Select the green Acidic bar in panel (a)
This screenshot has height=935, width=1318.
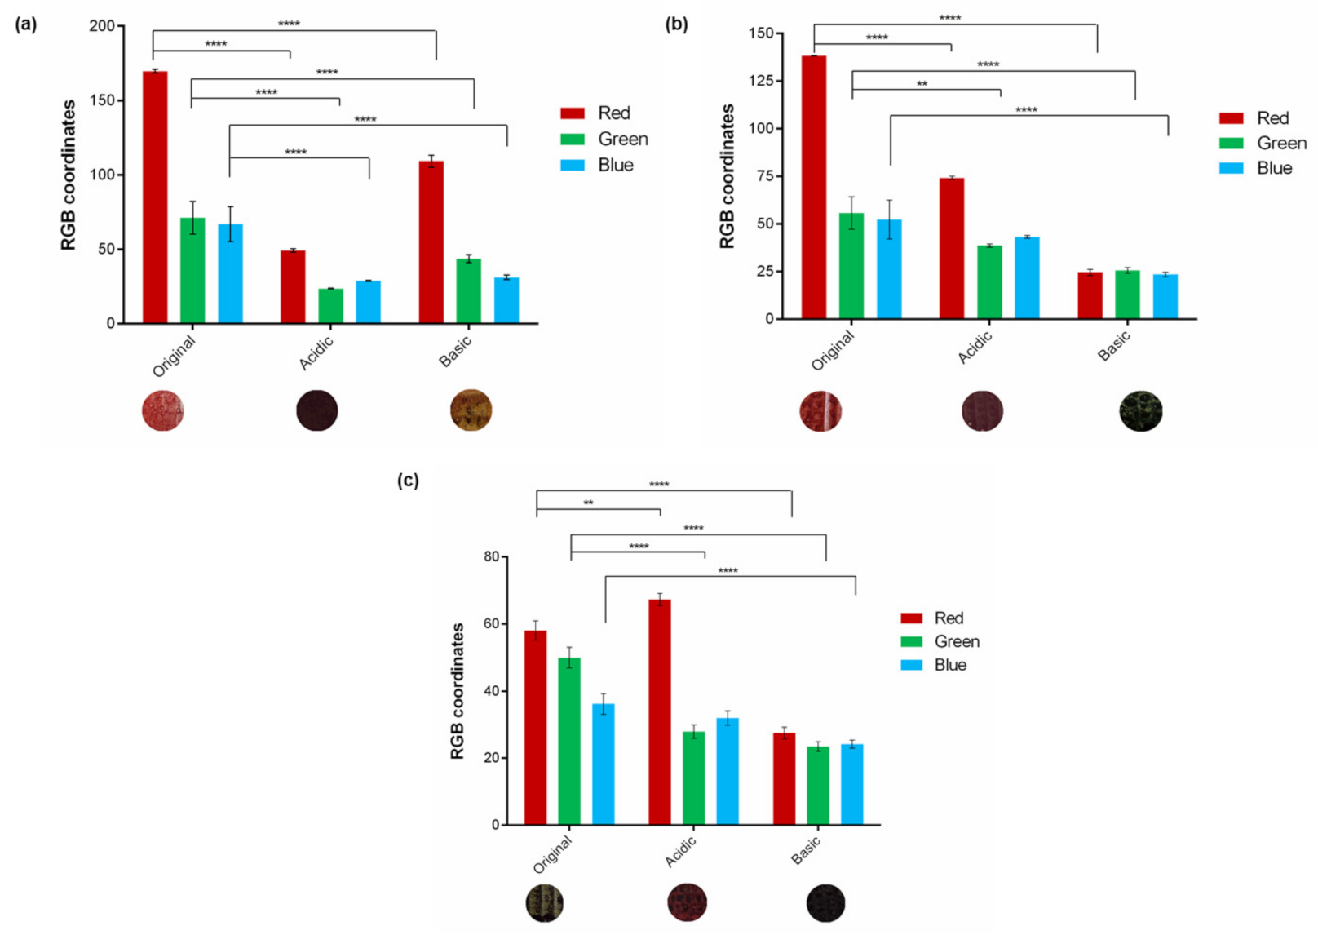(x=330, y=306)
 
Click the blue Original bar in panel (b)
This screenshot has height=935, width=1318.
(x=889, y=269)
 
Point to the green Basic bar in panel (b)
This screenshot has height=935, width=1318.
(x=1127, y=295)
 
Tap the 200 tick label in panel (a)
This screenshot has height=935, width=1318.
(x=102, y=26)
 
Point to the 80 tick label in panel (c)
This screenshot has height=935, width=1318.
(x=491, y=556)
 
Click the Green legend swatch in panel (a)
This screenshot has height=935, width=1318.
(x=573, y=140)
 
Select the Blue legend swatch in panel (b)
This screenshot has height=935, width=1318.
(x=1231, y=168)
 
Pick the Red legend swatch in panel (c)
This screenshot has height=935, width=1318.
(x=911, y=618)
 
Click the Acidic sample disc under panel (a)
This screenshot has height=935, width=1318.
(x=317, y=410)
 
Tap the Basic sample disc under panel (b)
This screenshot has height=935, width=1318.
(x=1140, y=411)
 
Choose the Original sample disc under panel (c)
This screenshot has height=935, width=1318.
(x=545, y=903)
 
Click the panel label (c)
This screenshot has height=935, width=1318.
(x=408, y=481)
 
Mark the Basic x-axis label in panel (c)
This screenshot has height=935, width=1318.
(x=806, y=852)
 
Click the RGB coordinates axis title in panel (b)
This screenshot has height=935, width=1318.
(x=727, y=176)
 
